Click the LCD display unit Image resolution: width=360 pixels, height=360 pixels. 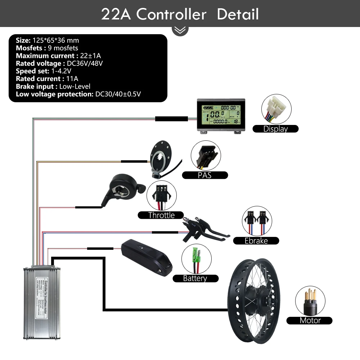(219, 115)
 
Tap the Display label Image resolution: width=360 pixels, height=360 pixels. (275, 129)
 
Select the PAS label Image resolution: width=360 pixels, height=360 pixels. (204, 175)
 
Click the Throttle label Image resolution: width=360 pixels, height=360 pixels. (161, 215)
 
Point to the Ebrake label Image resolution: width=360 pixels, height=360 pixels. (256, 241)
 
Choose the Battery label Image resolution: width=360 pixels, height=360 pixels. (195, 278)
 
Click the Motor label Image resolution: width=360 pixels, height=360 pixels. (310, 320)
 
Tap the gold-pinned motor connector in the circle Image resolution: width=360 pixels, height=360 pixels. (310, 300)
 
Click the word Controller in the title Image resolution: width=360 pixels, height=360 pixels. (171, 15)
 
